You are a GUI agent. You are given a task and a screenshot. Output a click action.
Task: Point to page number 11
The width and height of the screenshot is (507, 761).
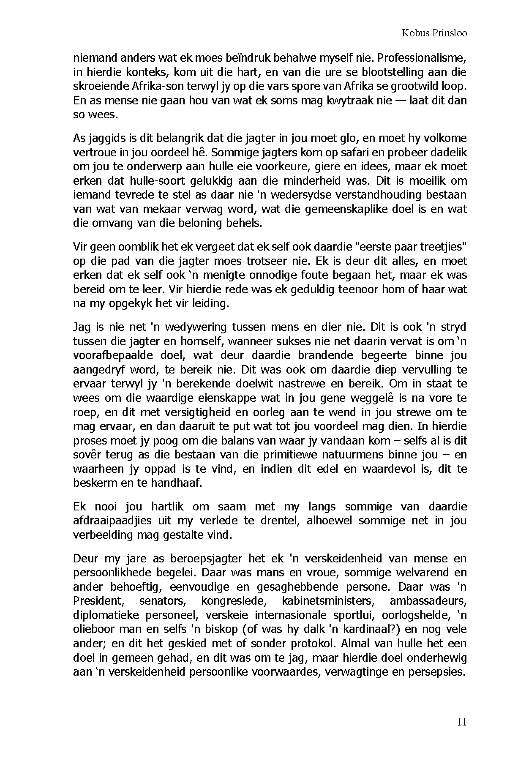[462, 722]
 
